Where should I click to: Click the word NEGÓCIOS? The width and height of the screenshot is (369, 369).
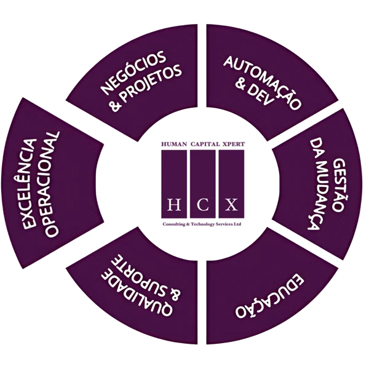coord(133,72)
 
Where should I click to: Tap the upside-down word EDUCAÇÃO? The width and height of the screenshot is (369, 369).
coord(269,296)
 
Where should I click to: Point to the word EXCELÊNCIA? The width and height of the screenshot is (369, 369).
coord(30,184)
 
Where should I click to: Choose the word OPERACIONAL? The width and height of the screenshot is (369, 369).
coord(51,184)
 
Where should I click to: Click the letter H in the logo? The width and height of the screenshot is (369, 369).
coord(174,204)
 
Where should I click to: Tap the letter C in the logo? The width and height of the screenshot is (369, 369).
coord(202,204)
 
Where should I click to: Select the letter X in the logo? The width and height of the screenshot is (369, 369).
coord(231,204)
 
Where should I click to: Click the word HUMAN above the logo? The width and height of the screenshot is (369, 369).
coord(174,144)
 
